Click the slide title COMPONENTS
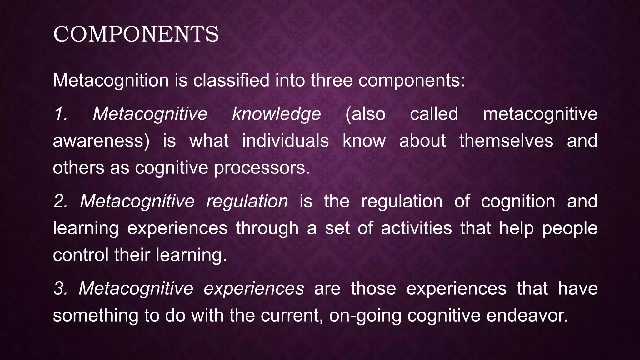[x=136, y=34]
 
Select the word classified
[x=231, y=80]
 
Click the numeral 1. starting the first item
[x=61, y=114]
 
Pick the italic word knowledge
[x=276, y=114]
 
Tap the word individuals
[x=285, y=141]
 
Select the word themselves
[x=506, y=141]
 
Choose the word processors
[x=262, y=168]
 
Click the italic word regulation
[x=247, y=201]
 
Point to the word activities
[x=416, y=228]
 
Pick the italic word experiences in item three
[x=254, y=289]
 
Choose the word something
[x=96, y=316]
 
